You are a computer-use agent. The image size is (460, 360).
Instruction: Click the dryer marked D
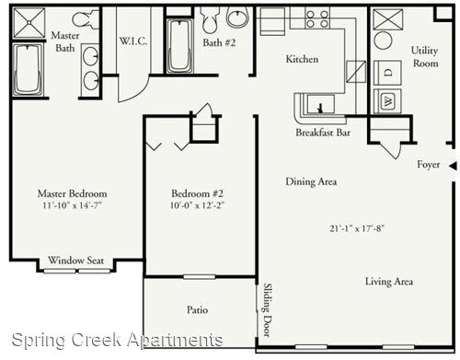tap(387, 73)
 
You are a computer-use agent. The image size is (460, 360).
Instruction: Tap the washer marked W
tap(387, 101)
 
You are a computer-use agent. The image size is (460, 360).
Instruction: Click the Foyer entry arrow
tap(454, 166)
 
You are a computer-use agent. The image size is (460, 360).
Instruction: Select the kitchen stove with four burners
tap(317, 18)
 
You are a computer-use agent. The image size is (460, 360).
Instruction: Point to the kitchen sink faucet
tap(320, 109)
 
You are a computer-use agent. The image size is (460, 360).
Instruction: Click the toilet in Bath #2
tap(210, 19)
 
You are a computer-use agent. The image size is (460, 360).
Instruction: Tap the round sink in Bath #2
tap(237, 17)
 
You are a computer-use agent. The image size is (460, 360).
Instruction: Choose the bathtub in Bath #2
tap(179, 46)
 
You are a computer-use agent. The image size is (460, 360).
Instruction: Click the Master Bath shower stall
tap(29, 23)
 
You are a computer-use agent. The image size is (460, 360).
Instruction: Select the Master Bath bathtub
tap(28, 70)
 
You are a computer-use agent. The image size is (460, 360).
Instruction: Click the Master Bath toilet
tap(85, 19)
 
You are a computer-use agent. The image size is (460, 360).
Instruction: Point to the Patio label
tap(197, 309)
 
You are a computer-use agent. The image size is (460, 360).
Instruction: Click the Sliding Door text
tap(268, 310)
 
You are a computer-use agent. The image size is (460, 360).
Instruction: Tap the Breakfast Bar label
tap(323, 133)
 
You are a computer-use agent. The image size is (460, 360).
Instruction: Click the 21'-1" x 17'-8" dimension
tap(357, 228)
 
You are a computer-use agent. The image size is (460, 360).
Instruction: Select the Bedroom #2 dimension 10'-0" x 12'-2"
tap(197, 205)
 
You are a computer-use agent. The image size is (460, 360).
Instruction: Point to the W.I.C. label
tap(133, 41)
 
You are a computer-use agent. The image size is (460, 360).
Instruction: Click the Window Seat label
tap(76, 261)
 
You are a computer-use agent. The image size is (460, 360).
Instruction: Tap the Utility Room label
tap(425, 57)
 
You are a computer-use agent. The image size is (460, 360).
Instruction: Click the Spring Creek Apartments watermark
tap(117, 340)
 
